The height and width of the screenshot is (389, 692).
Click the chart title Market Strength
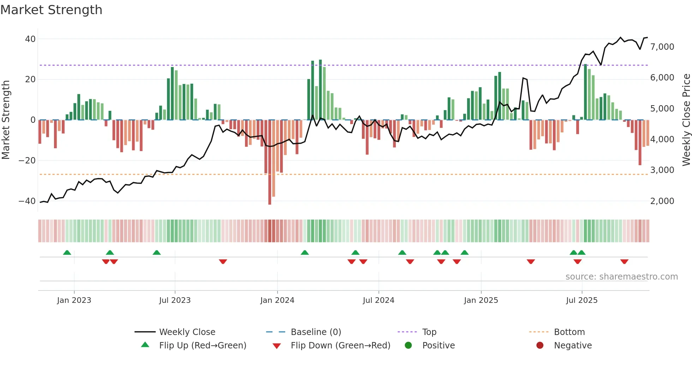(51, 10)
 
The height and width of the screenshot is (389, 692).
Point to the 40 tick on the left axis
(30, 39)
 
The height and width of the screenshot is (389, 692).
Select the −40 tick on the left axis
(27, 201)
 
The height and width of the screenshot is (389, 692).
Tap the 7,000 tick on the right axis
(662, 47)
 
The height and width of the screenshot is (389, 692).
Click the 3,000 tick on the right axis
(662, 170)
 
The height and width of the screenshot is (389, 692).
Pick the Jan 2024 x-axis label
(277, 300)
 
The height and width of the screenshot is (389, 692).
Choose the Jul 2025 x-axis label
(581, 300)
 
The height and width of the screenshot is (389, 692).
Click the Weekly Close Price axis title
(686, 120)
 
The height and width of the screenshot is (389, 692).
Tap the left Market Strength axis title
(6, 120)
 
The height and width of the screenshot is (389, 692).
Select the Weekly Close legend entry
(187, 332)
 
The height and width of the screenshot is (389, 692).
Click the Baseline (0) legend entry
(316, 332)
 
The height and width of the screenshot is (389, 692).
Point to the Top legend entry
(429, 332)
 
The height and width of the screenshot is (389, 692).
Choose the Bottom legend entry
(569, 332)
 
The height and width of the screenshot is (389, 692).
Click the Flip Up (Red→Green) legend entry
(202, 346)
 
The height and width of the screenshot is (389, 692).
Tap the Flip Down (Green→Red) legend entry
(340, 346)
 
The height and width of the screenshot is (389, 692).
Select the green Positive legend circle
(408, 346)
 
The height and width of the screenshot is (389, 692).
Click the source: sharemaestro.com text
(621, 277)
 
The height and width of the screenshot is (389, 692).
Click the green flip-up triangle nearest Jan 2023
(67, 253)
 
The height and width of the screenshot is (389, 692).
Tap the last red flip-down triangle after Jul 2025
(624, 262)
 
